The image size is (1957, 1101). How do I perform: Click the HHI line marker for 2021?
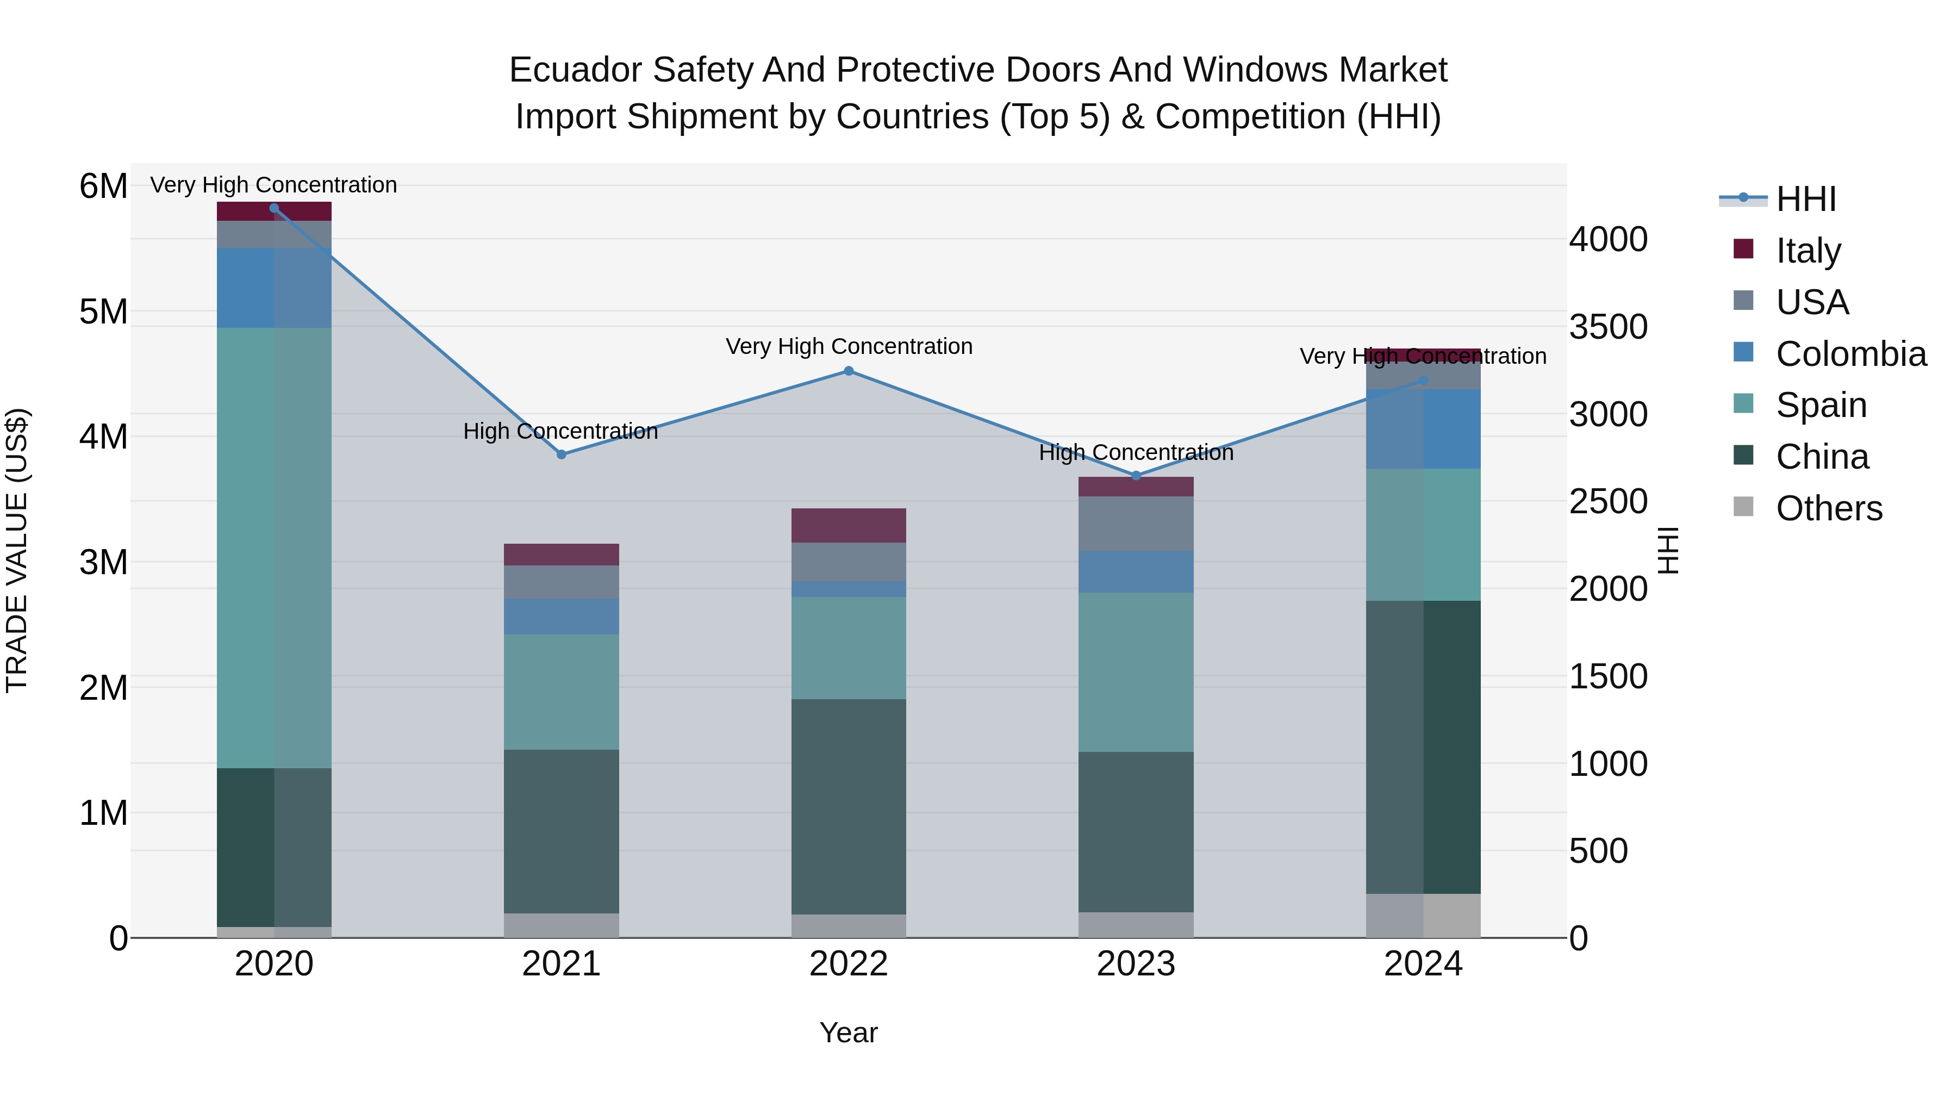point(562,455)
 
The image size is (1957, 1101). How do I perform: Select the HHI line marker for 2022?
point(849,371)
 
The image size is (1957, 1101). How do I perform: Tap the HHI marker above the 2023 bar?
point(1136,476)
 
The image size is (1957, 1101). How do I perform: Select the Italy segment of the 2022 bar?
point(849,525)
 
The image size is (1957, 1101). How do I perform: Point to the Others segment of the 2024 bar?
point(1423,915)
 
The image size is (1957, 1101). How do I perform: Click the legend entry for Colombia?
point(1850,353)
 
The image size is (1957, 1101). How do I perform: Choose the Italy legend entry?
point(1808,250)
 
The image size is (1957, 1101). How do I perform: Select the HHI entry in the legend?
point(1805,198)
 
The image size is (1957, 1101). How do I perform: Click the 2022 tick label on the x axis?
point(849,964)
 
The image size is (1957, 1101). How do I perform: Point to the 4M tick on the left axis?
point(103,437)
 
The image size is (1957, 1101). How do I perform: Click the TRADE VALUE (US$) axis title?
point(17,550)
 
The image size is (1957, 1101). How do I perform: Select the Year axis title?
point(849,1032)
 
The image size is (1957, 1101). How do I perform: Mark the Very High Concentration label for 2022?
point(849,346)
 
